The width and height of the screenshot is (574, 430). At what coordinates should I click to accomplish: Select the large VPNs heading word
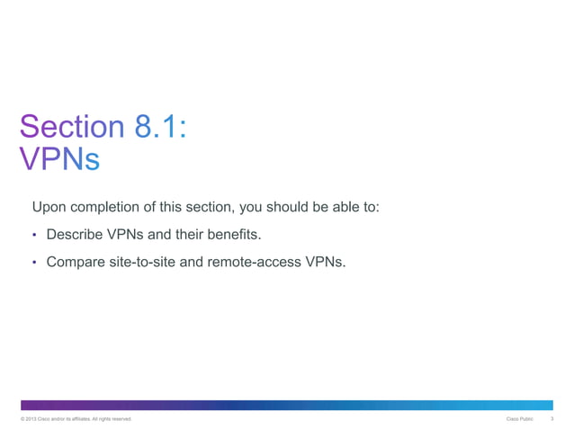[x=58, y=158]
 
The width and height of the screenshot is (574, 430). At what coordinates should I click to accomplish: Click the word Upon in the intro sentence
[x=49, y=208]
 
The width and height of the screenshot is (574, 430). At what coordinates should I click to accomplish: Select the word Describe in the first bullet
[x=75, y=235]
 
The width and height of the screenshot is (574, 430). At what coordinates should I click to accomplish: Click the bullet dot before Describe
[x=34, y=236]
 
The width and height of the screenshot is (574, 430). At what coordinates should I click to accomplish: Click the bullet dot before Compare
[x=34, y=263]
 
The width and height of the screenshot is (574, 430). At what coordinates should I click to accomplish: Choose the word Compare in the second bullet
[x=76, y=263]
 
